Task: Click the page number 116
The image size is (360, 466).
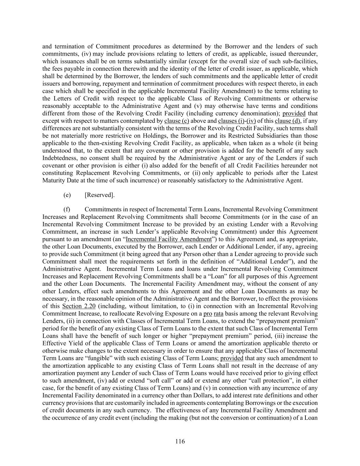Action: pyautogui.click(x=180, y=441)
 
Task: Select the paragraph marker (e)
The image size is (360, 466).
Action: pyautogui.click(x=67, y=195)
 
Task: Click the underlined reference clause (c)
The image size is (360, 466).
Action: pyautogui.click(x=177, y=121)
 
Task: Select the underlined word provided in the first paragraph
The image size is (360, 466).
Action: pyautogui.click(x=294, y=113)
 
